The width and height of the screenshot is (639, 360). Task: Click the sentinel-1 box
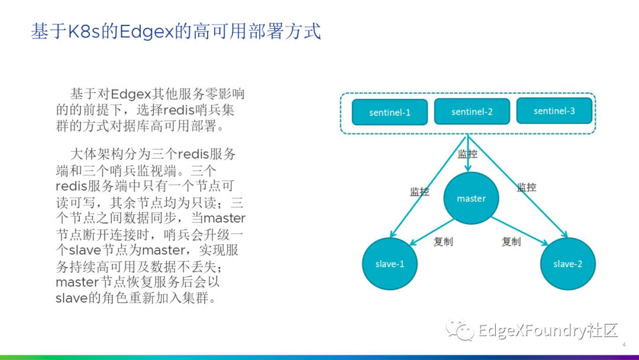(389, 112)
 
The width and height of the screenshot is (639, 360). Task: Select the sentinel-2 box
(472, 111)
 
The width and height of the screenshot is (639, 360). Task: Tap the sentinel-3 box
(554, 111)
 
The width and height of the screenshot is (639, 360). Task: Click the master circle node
(471, 198)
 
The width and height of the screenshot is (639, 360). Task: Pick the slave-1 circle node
(390, 263)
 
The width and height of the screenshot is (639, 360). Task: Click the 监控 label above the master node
(467, 154)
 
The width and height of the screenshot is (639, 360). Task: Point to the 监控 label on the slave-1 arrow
(419, 192)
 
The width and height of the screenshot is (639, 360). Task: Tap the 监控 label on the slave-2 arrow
(527, 188)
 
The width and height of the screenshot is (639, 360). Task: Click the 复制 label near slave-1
(443, 242)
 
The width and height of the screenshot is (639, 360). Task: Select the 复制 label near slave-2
(511, 242)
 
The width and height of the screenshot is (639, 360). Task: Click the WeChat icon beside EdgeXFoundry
(460, 329)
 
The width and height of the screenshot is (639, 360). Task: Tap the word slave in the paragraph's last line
(72, 298)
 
